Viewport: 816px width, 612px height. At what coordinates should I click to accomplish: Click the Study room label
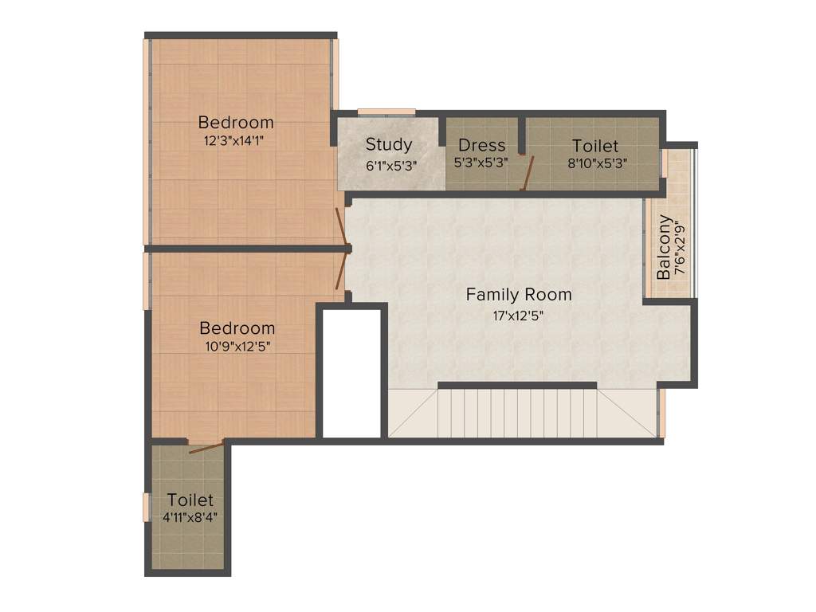point(389,144)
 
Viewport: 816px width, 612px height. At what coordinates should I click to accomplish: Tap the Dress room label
point(481,145)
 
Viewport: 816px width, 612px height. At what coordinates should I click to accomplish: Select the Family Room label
point(519,295)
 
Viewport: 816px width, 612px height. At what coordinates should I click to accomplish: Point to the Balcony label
point(664,247)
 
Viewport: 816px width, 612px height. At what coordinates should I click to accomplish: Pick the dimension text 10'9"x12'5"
point(237,346)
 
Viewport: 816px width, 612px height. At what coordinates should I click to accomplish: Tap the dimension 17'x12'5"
point(519,314)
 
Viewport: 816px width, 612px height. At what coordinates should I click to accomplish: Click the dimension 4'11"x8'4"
point(190,516)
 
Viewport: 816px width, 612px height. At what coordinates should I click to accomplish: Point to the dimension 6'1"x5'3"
point(389,165)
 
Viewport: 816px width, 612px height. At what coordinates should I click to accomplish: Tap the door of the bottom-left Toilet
point(206,447)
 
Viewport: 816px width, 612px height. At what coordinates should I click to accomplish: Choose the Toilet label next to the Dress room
point(595,146)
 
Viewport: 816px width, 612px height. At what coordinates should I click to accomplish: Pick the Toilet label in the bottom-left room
point(190,500)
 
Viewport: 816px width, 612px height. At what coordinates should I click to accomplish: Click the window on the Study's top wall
point(386,112)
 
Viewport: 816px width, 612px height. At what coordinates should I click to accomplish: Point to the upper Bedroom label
point(235,122)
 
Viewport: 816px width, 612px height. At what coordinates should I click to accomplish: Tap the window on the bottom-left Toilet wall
point(146,508)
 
